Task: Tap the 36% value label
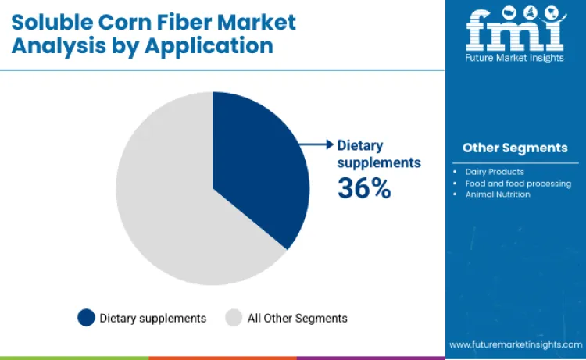point(363,187)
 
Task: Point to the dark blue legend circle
point(86,318)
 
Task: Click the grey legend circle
point(234,318)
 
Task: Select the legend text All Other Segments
point(297,318)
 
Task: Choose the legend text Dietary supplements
point(153,318)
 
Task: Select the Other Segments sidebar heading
point(515,148)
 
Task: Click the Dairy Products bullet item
point(494,171)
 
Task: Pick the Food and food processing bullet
point(517,184)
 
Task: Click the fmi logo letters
point(515,30)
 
